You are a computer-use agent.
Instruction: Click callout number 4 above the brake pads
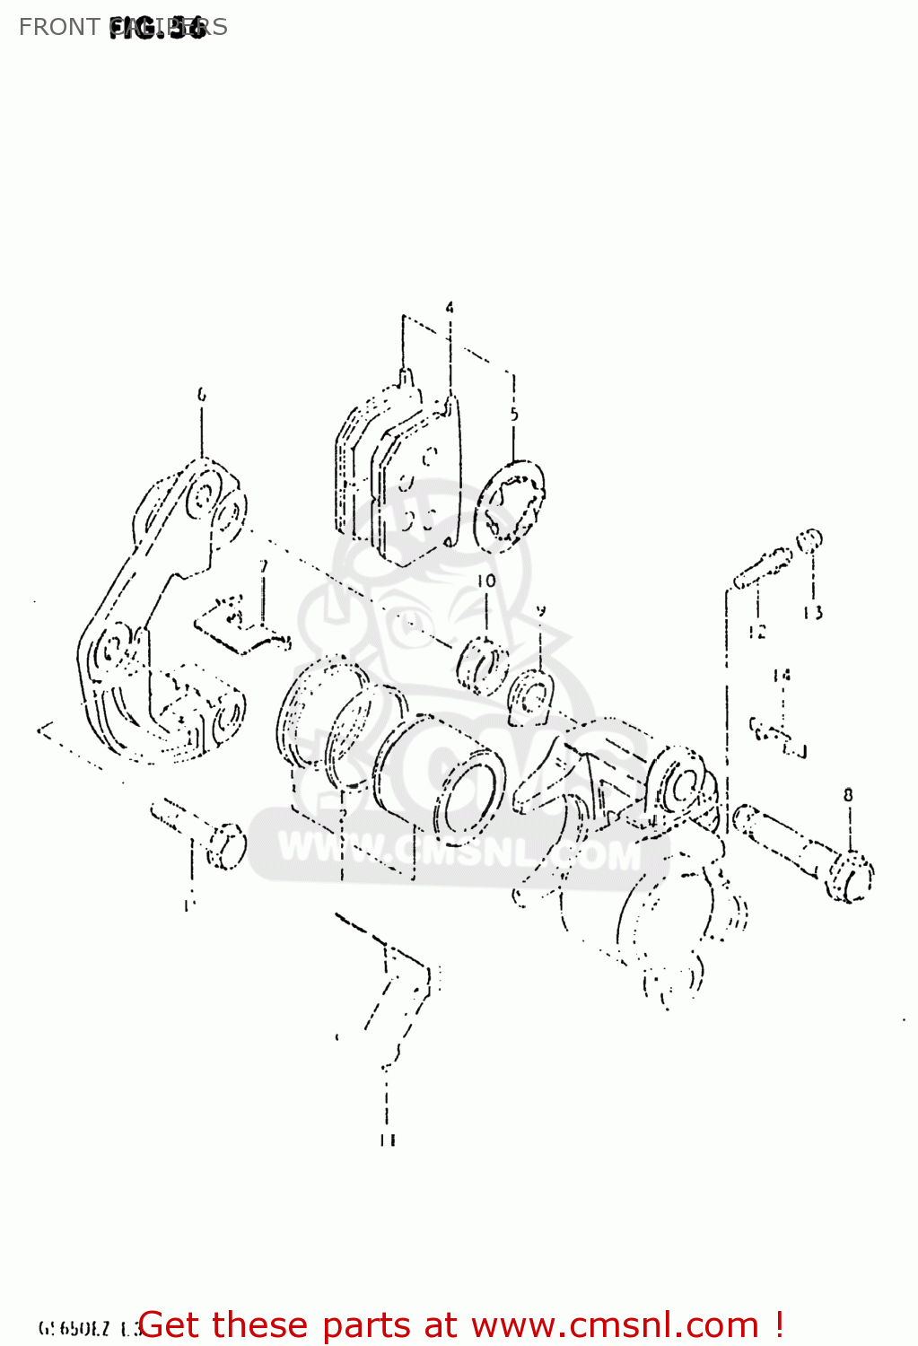click(x=450, y=308)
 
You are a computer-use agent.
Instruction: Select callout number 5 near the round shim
click(x=514, y=415)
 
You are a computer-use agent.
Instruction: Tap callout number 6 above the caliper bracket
click(x=201, y=394)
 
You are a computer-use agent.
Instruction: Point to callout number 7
click(x=263, y=566)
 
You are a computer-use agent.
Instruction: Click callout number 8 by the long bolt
click(x=848, y=794)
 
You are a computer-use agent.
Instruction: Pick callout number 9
click(x=541, y=611)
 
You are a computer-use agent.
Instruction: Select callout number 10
click(x=486, y=581)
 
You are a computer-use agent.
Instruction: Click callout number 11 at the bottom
click(x=387, y=1141)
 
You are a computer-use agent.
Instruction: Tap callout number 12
click(x=757, y=632)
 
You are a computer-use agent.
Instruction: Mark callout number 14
click(x=782, y=675)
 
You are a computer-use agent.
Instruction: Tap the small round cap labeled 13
click(x=809, y=539)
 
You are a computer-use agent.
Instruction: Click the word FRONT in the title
click(x=58, y=27)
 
